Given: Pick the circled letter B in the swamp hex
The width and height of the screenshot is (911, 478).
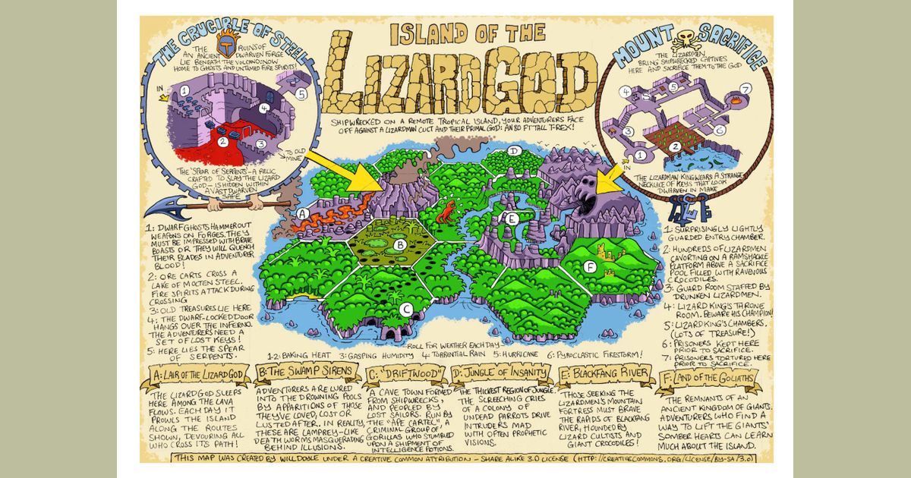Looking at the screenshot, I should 399,244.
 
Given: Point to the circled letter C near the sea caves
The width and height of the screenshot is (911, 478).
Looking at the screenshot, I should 406,309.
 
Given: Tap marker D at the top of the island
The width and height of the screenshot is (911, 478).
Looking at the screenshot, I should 515,151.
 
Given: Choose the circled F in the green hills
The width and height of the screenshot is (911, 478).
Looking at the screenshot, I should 591,266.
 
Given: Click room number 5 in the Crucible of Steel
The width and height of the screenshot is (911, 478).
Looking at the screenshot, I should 301,95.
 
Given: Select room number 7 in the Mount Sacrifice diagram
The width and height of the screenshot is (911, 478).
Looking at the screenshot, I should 746,90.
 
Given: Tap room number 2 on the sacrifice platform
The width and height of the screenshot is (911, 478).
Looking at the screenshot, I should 659,153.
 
